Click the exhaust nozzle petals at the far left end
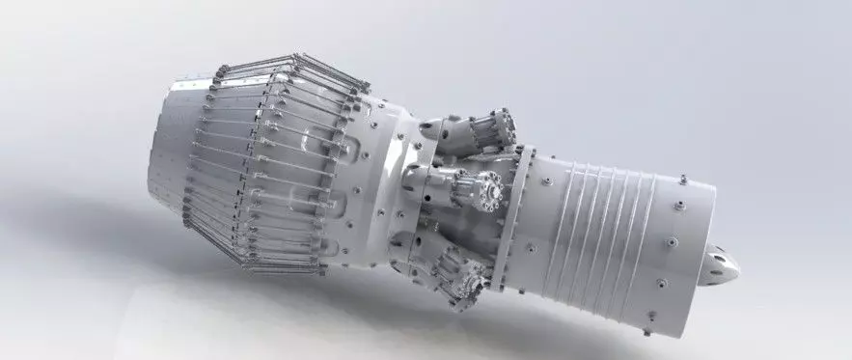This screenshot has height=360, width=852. click(x=169, y=154)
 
